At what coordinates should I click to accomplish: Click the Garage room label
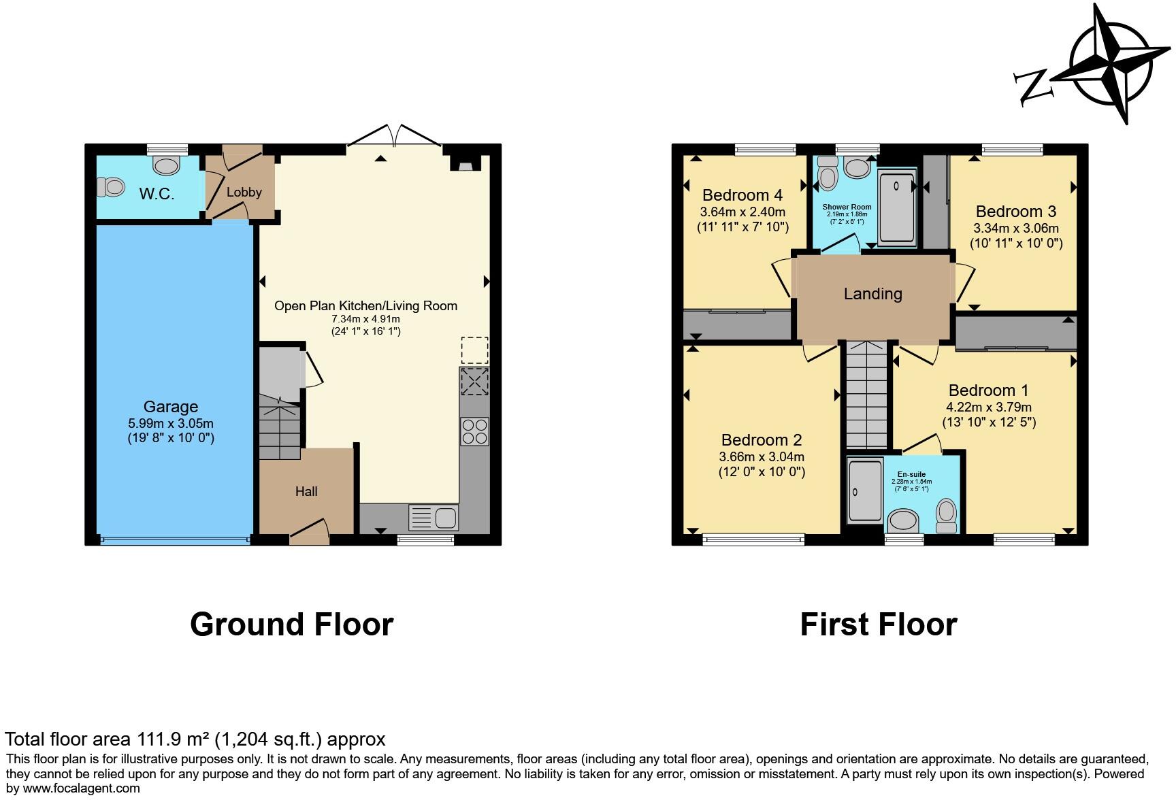[x=171, y=407]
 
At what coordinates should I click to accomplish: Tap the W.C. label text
[x=157, y=195]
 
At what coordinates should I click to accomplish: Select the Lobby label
[x=244, y=193]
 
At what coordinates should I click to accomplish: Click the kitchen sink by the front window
[x=434, y=518]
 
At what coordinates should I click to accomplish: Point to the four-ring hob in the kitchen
[x=474, y=431]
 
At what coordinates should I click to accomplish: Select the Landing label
[x=872, y=294]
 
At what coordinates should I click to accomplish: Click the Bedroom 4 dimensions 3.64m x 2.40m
[x=742, y=212]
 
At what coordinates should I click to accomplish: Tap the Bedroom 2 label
[x=762, y=440]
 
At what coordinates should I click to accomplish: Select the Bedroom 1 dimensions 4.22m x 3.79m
[x=988, y=407]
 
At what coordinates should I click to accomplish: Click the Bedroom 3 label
[x=1015, y=212]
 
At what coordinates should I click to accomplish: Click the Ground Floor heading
[x=291, y=624]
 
